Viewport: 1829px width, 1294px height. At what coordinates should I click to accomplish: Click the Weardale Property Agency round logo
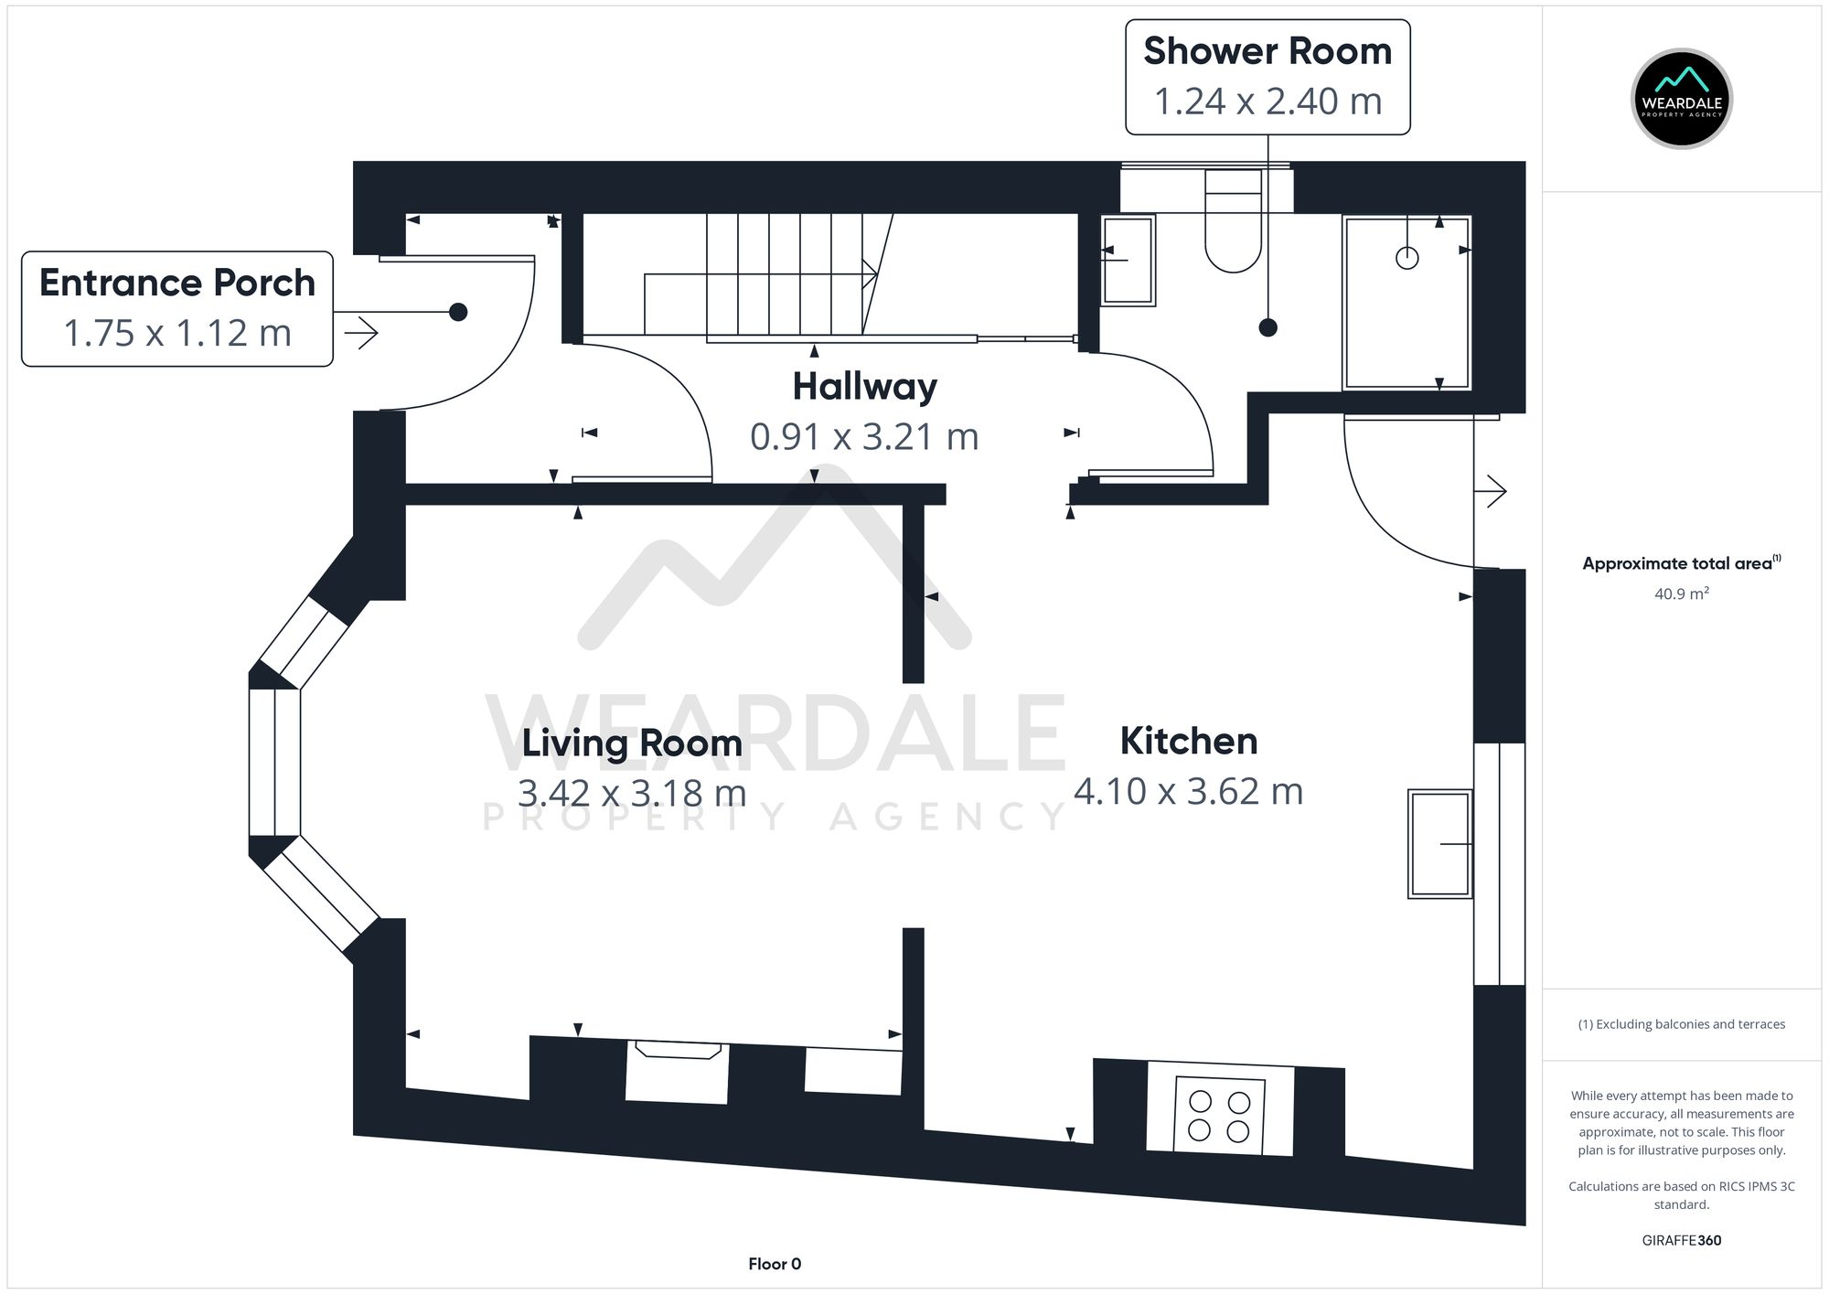tap(1681, 99)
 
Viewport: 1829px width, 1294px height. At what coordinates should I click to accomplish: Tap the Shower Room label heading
tap(1267, 51)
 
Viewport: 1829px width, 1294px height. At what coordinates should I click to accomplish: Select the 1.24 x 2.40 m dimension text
tap(1267, 102)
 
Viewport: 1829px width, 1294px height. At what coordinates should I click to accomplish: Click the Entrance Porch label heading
tap(177, 283)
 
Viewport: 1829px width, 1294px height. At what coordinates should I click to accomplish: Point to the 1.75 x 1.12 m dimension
tap(177, 333)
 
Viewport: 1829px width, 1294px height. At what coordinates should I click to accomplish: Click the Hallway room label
tap(864, 387)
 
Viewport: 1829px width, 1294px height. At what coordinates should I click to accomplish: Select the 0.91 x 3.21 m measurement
tap(864, 437)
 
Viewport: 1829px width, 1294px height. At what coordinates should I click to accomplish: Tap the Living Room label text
tap(632, 743)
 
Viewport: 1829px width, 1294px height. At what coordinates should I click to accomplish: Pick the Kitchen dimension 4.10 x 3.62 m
tap(1188, 791)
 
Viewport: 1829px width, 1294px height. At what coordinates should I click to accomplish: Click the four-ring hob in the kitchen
tap(1219, 1116)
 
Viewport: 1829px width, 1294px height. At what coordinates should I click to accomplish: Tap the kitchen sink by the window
tap(1440, 843)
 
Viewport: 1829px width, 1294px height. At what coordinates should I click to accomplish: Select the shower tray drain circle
tap(1407, 258)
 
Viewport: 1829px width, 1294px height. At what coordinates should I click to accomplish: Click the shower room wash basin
tap(1128, 260)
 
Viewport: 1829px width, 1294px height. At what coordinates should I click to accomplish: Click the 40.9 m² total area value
tap(1681, 594)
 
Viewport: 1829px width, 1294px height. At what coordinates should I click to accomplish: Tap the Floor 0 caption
tap(775, 1264)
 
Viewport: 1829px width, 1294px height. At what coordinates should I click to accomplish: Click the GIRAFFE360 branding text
tap(1681, 1240)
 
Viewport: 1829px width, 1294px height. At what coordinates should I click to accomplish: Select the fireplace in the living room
tap(677, 1072)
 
